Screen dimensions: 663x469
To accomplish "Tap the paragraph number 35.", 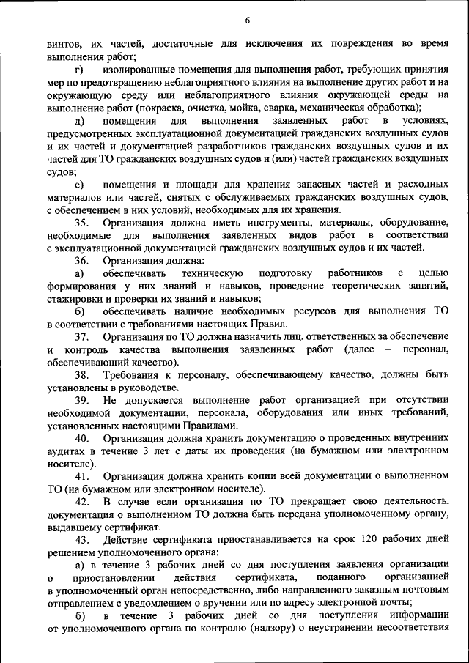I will tap(82, 222).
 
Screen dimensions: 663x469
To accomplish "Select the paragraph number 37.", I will tap(82, 336).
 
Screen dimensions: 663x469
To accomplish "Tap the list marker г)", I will tap(78, 70).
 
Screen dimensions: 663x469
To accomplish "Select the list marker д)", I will tap(78, 120).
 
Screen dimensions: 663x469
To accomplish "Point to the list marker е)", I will tap(78, 184).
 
